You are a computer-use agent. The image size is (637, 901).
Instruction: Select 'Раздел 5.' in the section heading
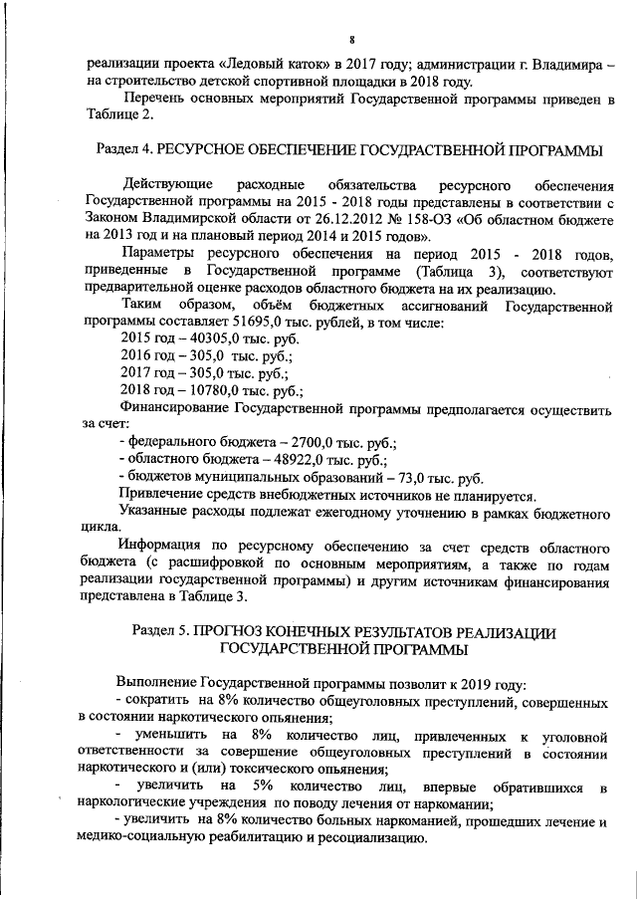pos(162,632)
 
